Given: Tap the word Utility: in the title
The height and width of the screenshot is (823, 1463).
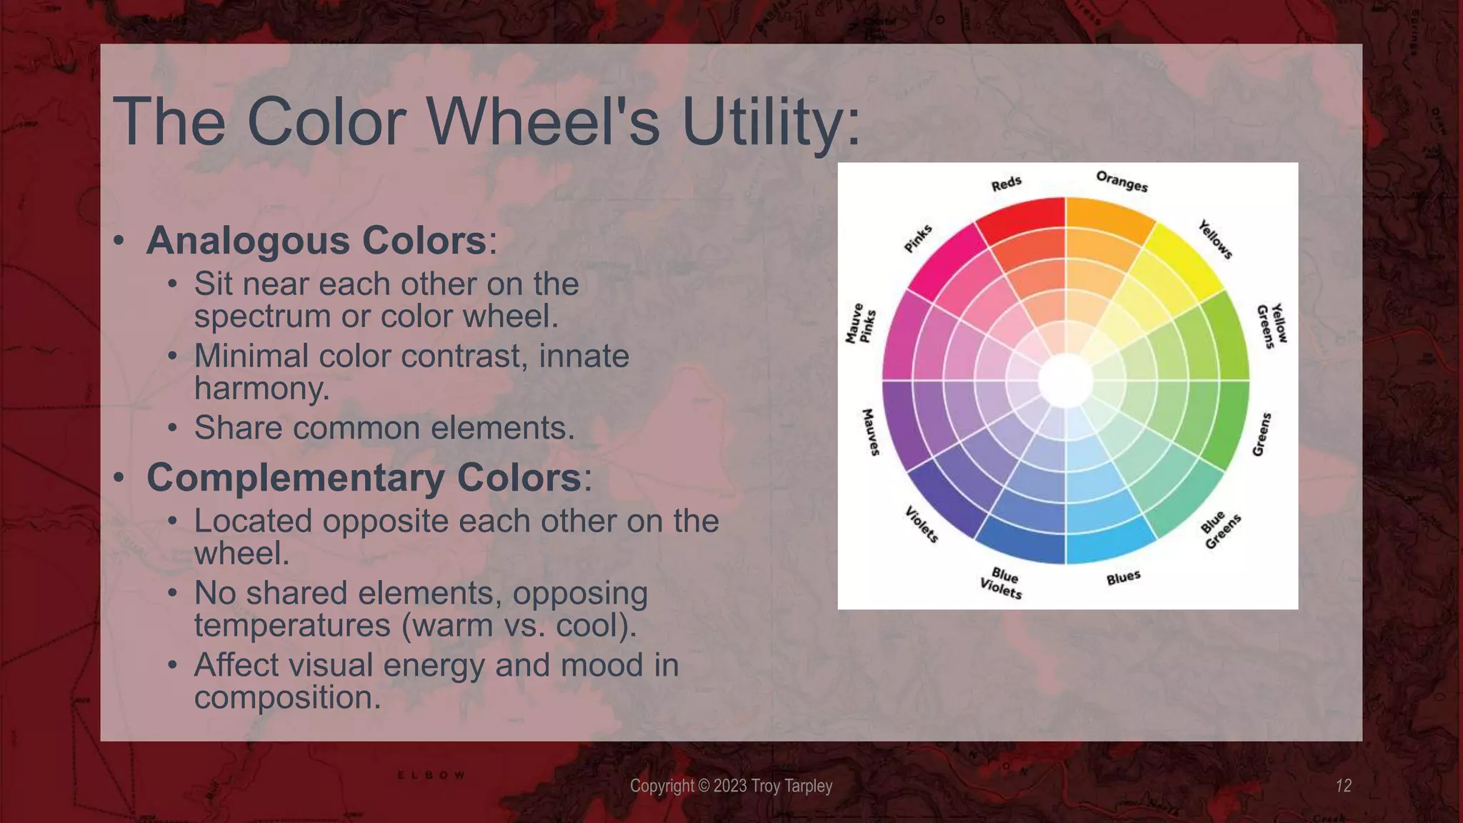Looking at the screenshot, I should tap(772, 123).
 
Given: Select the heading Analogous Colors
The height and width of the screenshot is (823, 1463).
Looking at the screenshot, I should tap(316, 240).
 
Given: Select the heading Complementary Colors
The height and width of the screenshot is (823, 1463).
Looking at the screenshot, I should tap(364, 477).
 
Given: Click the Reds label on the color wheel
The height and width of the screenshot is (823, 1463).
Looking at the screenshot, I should tap(1006, 184).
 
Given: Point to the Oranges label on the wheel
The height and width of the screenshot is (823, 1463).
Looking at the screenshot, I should tap(1122, 181).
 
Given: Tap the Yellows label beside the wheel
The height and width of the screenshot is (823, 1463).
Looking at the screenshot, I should tap(1215, 239).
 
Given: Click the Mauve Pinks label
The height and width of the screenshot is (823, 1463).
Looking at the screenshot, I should tap(860, 324).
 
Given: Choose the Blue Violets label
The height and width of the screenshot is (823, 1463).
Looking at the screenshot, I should tap(1002, 583).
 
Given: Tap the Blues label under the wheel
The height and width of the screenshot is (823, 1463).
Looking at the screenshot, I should tap(1123, 577).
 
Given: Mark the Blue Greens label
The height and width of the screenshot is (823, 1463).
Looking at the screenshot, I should tap(1220, 531).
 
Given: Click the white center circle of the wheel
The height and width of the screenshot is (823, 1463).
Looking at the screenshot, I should tap(1065, 381).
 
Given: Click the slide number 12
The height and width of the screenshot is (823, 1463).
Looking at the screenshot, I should tap(1343, 786).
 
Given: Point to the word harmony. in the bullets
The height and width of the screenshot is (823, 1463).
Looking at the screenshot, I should tap(261, 389).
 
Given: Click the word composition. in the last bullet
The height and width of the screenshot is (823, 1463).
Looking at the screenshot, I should tap(287, 698).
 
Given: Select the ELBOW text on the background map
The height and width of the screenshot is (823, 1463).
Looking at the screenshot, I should tap(431, 775).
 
